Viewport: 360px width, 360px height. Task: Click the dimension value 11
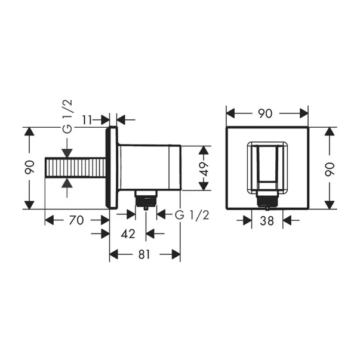[87, 119]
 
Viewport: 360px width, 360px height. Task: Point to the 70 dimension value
[76, 220]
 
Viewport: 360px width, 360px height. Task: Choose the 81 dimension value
[144, 254]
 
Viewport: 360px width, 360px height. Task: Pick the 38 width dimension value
[267, 220]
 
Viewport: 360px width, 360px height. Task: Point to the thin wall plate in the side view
[110, 168]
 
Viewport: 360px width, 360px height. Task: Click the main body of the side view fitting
[149, 168]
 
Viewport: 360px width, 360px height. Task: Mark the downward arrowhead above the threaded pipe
[67, 152]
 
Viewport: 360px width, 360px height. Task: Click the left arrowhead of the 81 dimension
[114, 254]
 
